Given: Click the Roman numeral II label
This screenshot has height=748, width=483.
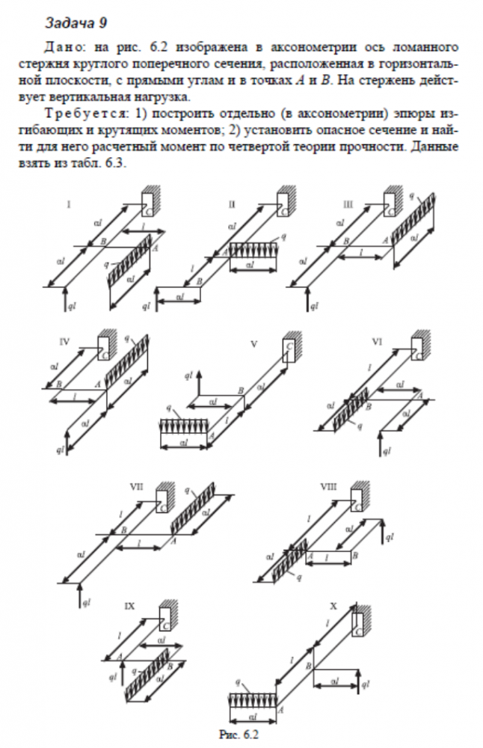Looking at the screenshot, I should click(232, 203).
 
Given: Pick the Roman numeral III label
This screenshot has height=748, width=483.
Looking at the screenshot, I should click(348, 203).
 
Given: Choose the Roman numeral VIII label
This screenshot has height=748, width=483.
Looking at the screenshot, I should click(327, 487).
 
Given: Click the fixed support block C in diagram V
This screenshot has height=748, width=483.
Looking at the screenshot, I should click(289, 350).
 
